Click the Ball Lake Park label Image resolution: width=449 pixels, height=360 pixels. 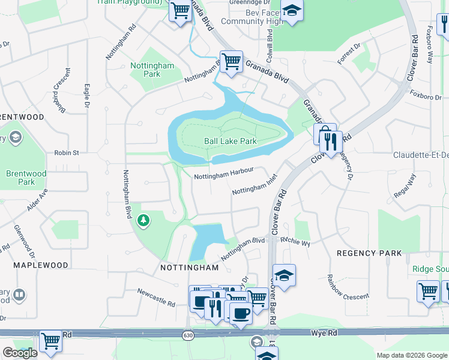click(x=231, y=142)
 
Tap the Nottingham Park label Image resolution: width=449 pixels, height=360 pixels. click(x=152, y=70)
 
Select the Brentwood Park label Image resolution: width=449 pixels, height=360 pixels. click(x=26, y=178)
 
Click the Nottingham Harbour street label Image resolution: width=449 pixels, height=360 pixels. click(x=224, y=174)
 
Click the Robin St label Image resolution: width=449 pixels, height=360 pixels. click(x=67, y=153)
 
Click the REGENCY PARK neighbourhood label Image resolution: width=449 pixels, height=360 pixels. click(x=369, y=253)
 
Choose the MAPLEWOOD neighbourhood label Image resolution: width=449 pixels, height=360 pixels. click(x=40, y=265)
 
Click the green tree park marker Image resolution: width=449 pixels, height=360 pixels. click(x=143, y=221)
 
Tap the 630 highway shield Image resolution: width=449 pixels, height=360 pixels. click(x=188, y=334)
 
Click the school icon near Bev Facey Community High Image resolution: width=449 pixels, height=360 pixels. click(x=292, y=11)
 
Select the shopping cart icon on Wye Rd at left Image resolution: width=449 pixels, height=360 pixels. click(x=51, y=341)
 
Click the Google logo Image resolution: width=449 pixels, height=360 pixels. click(x=20, y=353)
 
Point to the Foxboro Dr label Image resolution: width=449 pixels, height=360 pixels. click(x=425, y=96)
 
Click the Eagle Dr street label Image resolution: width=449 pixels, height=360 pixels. click(x=87, y=95)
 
